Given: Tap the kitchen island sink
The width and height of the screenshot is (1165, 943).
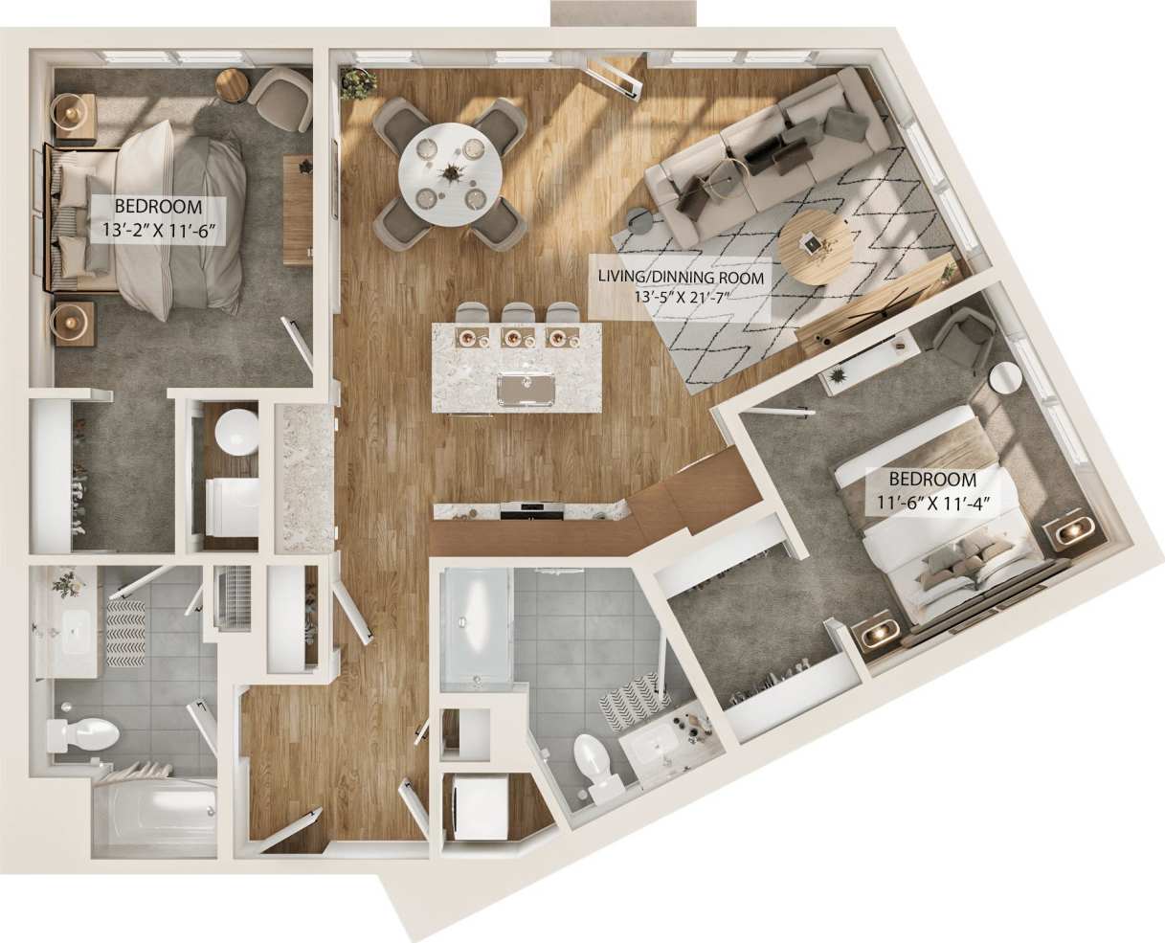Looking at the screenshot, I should click(x=525, y=388).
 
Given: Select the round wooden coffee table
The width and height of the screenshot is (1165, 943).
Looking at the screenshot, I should click(x=817, y=248).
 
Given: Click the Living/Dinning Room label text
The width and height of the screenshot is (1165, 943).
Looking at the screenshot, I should click(x=681, y=278).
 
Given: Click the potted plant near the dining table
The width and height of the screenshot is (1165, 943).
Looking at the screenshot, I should click(x=358, y=83).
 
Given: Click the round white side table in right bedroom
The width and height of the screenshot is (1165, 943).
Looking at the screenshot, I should click(x=1005, y=379).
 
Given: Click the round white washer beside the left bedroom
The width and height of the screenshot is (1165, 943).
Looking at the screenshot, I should click(x=235, y=432).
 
